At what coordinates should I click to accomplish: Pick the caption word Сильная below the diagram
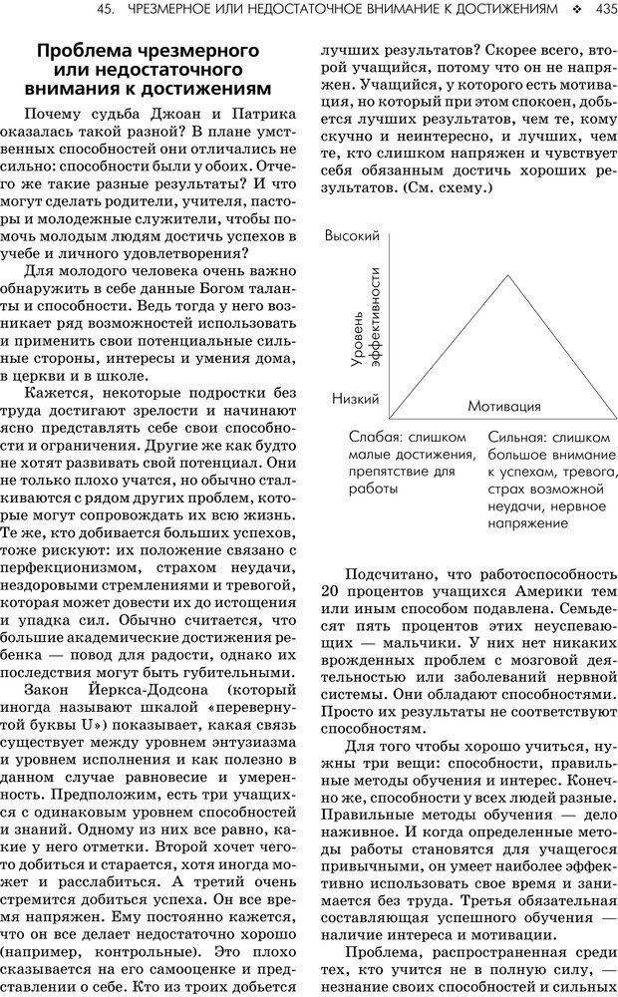pos(516,437)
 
